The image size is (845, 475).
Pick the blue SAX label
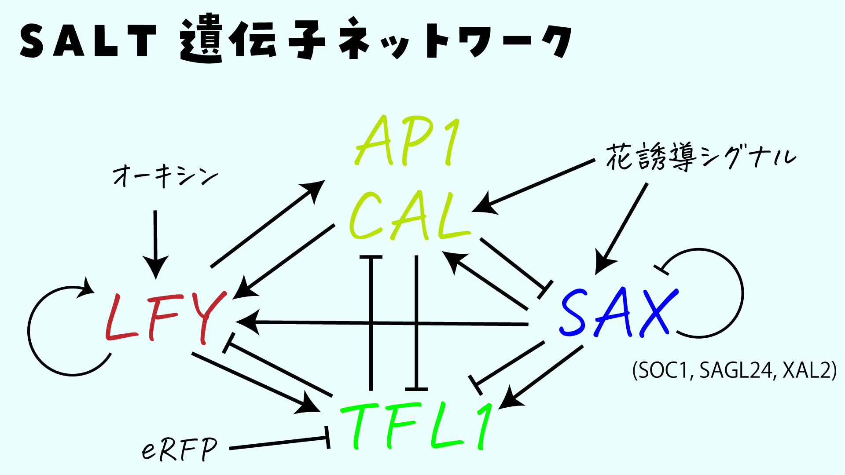click(x=618, y=312)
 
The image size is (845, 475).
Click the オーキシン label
click(x=165, y=176)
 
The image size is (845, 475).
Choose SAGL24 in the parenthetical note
click(x=735, y=370)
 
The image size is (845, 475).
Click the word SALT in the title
click(x=88, y=40)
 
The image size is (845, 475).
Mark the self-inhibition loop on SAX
click(x=742, y=292)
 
